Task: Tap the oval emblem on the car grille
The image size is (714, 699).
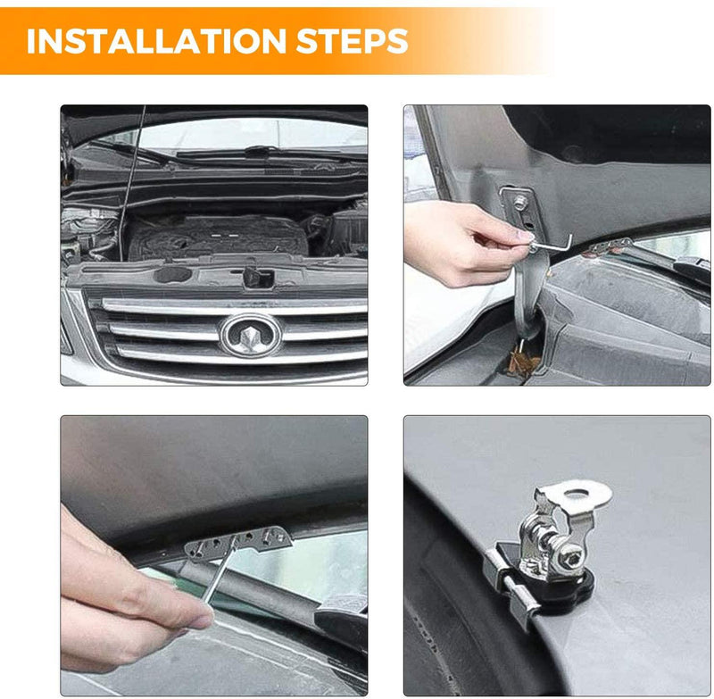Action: click(x=251, y=335)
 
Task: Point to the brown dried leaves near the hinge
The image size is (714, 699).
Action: click(x=524, y=361)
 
